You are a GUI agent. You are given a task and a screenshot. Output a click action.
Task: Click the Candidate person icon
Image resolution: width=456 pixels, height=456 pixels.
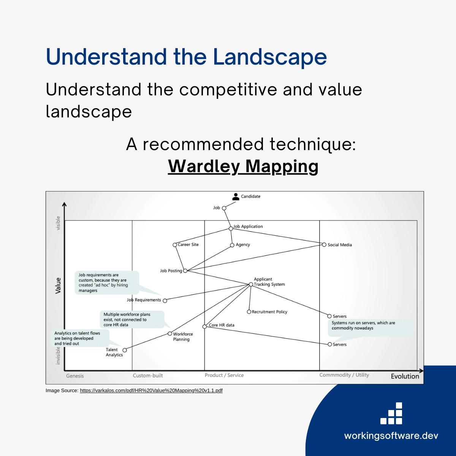(x=236, y=196)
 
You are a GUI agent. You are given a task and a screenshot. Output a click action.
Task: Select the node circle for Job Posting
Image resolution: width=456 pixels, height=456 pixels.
(x=185, y=271)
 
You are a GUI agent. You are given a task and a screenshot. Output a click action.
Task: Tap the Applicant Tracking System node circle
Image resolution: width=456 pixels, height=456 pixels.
(x=251, y=284)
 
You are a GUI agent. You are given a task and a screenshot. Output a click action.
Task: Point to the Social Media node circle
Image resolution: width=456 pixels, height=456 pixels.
(x=324, y=245)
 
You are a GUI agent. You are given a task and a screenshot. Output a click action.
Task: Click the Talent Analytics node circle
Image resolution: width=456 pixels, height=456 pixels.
(x=125, y=350)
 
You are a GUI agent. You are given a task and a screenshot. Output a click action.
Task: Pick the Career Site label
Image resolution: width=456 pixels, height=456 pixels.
(x=188, y=245)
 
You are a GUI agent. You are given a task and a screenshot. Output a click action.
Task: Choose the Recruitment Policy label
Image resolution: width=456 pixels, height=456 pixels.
(x=269, y=312)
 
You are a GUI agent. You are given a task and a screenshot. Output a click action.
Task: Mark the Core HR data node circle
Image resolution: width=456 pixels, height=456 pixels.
(x=204, y=326)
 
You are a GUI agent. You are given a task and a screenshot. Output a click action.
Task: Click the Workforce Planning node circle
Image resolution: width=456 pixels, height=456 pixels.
(x=170, y=334)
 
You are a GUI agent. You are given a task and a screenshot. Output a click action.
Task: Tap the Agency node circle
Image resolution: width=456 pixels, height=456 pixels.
(x=232, y=245)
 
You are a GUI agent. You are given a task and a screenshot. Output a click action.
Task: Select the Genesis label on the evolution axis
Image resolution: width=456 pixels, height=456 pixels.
(x=75, y=376)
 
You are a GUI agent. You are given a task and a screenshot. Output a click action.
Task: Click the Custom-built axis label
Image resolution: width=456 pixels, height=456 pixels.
(x=148, y=375)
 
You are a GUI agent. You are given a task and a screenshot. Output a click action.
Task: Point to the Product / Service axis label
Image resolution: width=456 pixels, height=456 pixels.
(x=224, y=375)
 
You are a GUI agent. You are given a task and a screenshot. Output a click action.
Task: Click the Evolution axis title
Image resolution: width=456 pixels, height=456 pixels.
(x=405, y=376)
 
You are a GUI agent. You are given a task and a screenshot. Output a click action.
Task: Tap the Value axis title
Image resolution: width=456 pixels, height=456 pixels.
(x=58, y=285)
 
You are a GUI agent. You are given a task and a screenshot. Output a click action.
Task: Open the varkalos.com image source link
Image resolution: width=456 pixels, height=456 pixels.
(x=151, y=390)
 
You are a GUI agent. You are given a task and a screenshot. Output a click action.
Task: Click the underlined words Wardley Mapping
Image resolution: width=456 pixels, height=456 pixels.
(x=243, y=166)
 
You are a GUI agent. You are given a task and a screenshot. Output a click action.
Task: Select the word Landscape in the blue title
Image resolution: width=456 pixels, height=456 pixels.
(x=270, y=57)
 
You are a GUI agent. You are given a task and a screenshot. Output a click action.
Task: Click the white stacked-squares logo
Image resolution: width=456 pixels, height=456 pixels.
(x=391, y=413)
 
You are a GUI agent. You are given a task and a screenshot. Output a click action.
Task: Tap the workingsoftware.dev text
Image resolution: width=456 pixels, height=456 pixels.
(x=391, y=435)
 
